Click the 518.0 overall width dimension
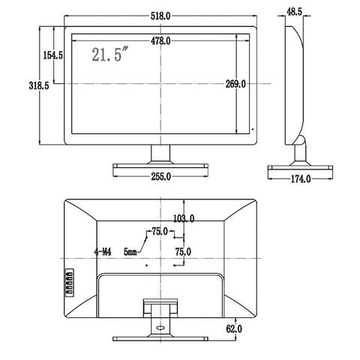[160, 16]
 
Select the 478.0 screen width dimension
[160, 40]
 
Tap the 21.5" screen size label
[110, 54]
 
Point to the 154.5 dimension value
[53, 55]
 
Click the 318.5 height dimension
[39, 85]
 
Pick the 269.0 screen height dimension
[235, 84]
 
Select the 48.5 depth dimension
[294, 12]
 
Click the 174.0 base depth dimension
[301, 178]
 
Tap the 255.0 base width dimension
[160, 177]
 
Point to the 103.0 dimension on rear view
[184, 219]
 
